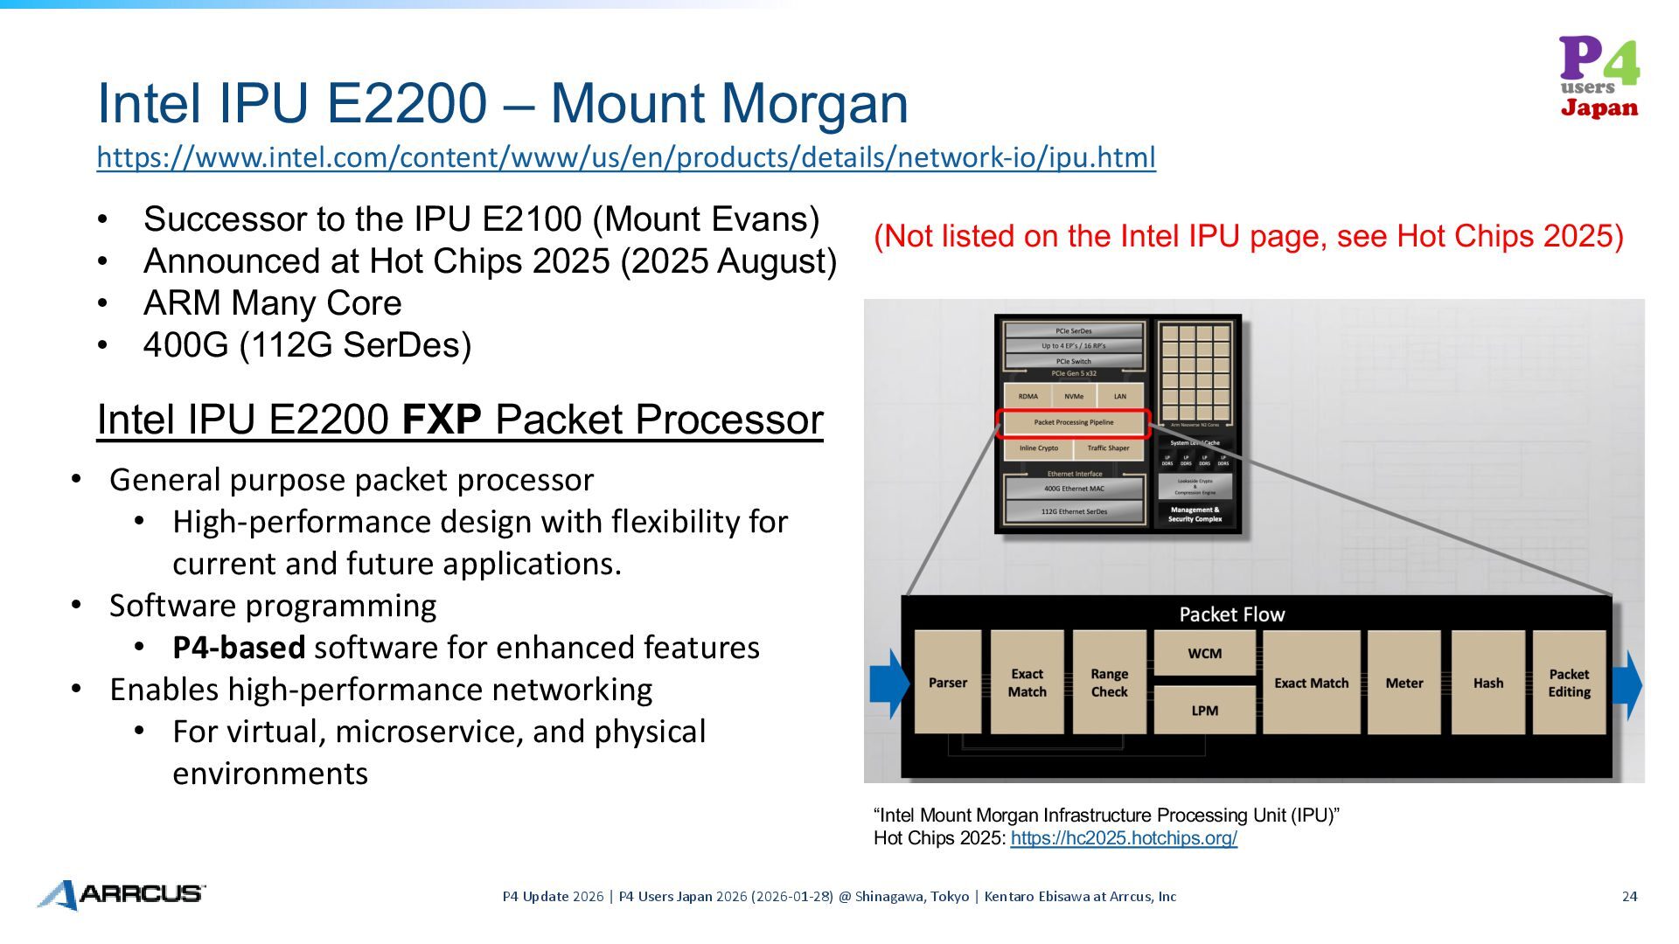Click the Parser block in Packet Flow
click(947, 683)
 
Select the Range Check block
click(1109, 683)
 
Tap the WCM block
click(1204, 653)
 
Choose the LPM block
click(1204, 711)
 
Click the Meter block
click(1404, 683)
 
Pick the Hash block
click(1487, 683)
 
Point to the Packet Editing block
click(1569, 683)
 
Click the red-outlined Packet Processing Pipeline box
click(1073, 423)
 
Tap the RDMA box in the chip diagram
click(1028, 397)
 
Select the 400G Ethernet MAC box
click(1074, 489)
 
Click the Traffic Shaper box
click(1108, 448)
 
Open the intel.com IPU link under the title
click(626, 157)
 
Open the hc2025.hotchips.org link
click(1124, 838)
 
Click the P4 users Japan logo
click(1599, 77)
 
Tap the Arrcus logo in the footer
click(122, 894)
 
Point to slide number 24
click(1629, 896)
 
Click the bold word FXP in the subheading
click(442, 420)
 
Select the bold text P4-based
click(239, 648)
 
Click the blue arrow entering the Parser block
click(889, 684)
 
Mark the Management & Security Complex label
click(1195, 514)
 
